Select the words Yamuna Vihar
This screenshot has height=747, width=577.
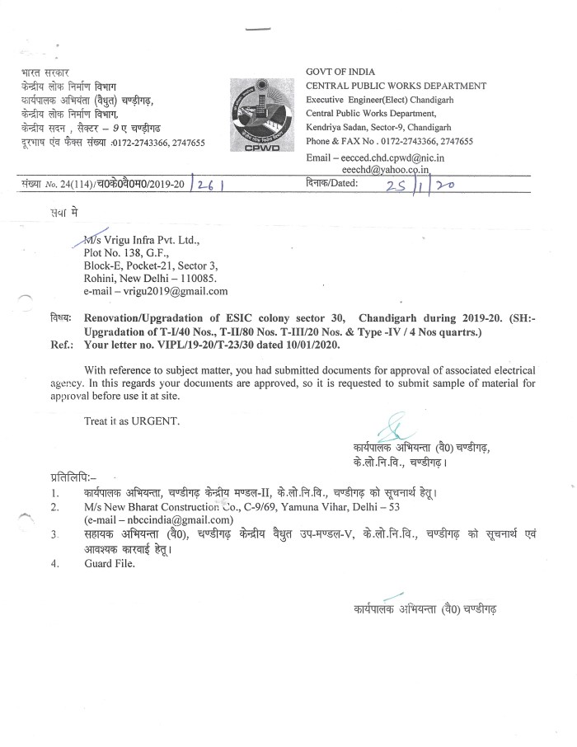pos(308,506)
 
